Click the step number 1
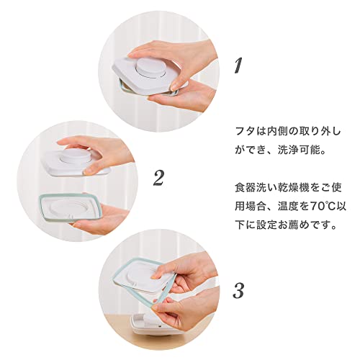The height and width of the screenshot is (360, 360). pos(238,65)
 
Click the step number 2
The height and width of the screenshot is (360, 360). pos(158,178)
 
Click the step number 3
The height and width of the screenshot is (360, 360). pos(238,291)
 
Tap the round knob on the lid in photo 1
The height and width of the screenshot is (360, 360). pos(150,68)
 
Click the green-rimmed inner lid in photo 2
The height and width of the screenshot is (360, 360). pos(70,207)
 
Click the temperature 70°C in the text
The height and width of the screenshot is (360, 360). pos(321,207)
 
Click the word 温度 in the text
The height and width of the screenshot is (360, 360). pos(288,207)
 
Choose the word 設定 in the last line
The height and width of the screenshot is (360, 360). pos(266,225)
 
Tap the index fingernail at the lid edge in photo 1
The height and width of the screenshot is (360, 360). pos(176,84)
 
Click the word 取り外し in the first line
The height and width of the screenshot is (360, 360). pos(320,132)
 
